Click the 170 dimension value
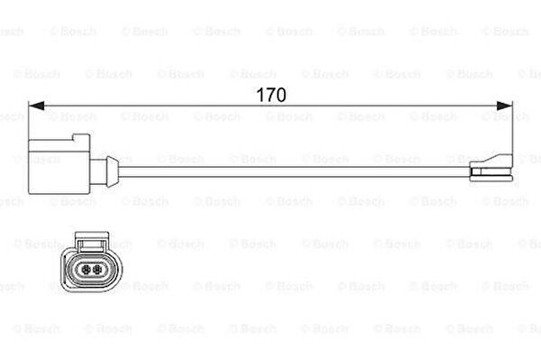(271, 95)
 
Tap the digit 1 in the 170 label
(261, 95)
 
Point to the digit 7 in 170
(270, 95)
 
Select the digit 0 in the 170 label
(280, 95)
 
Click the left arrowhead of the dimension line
(36, 106)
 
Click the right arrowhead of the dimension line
(504, 106)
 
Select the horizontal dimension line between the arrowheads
(270, 106)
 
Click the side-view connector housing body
(59, 167)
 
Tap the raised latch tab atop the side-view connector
(81, 137)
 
